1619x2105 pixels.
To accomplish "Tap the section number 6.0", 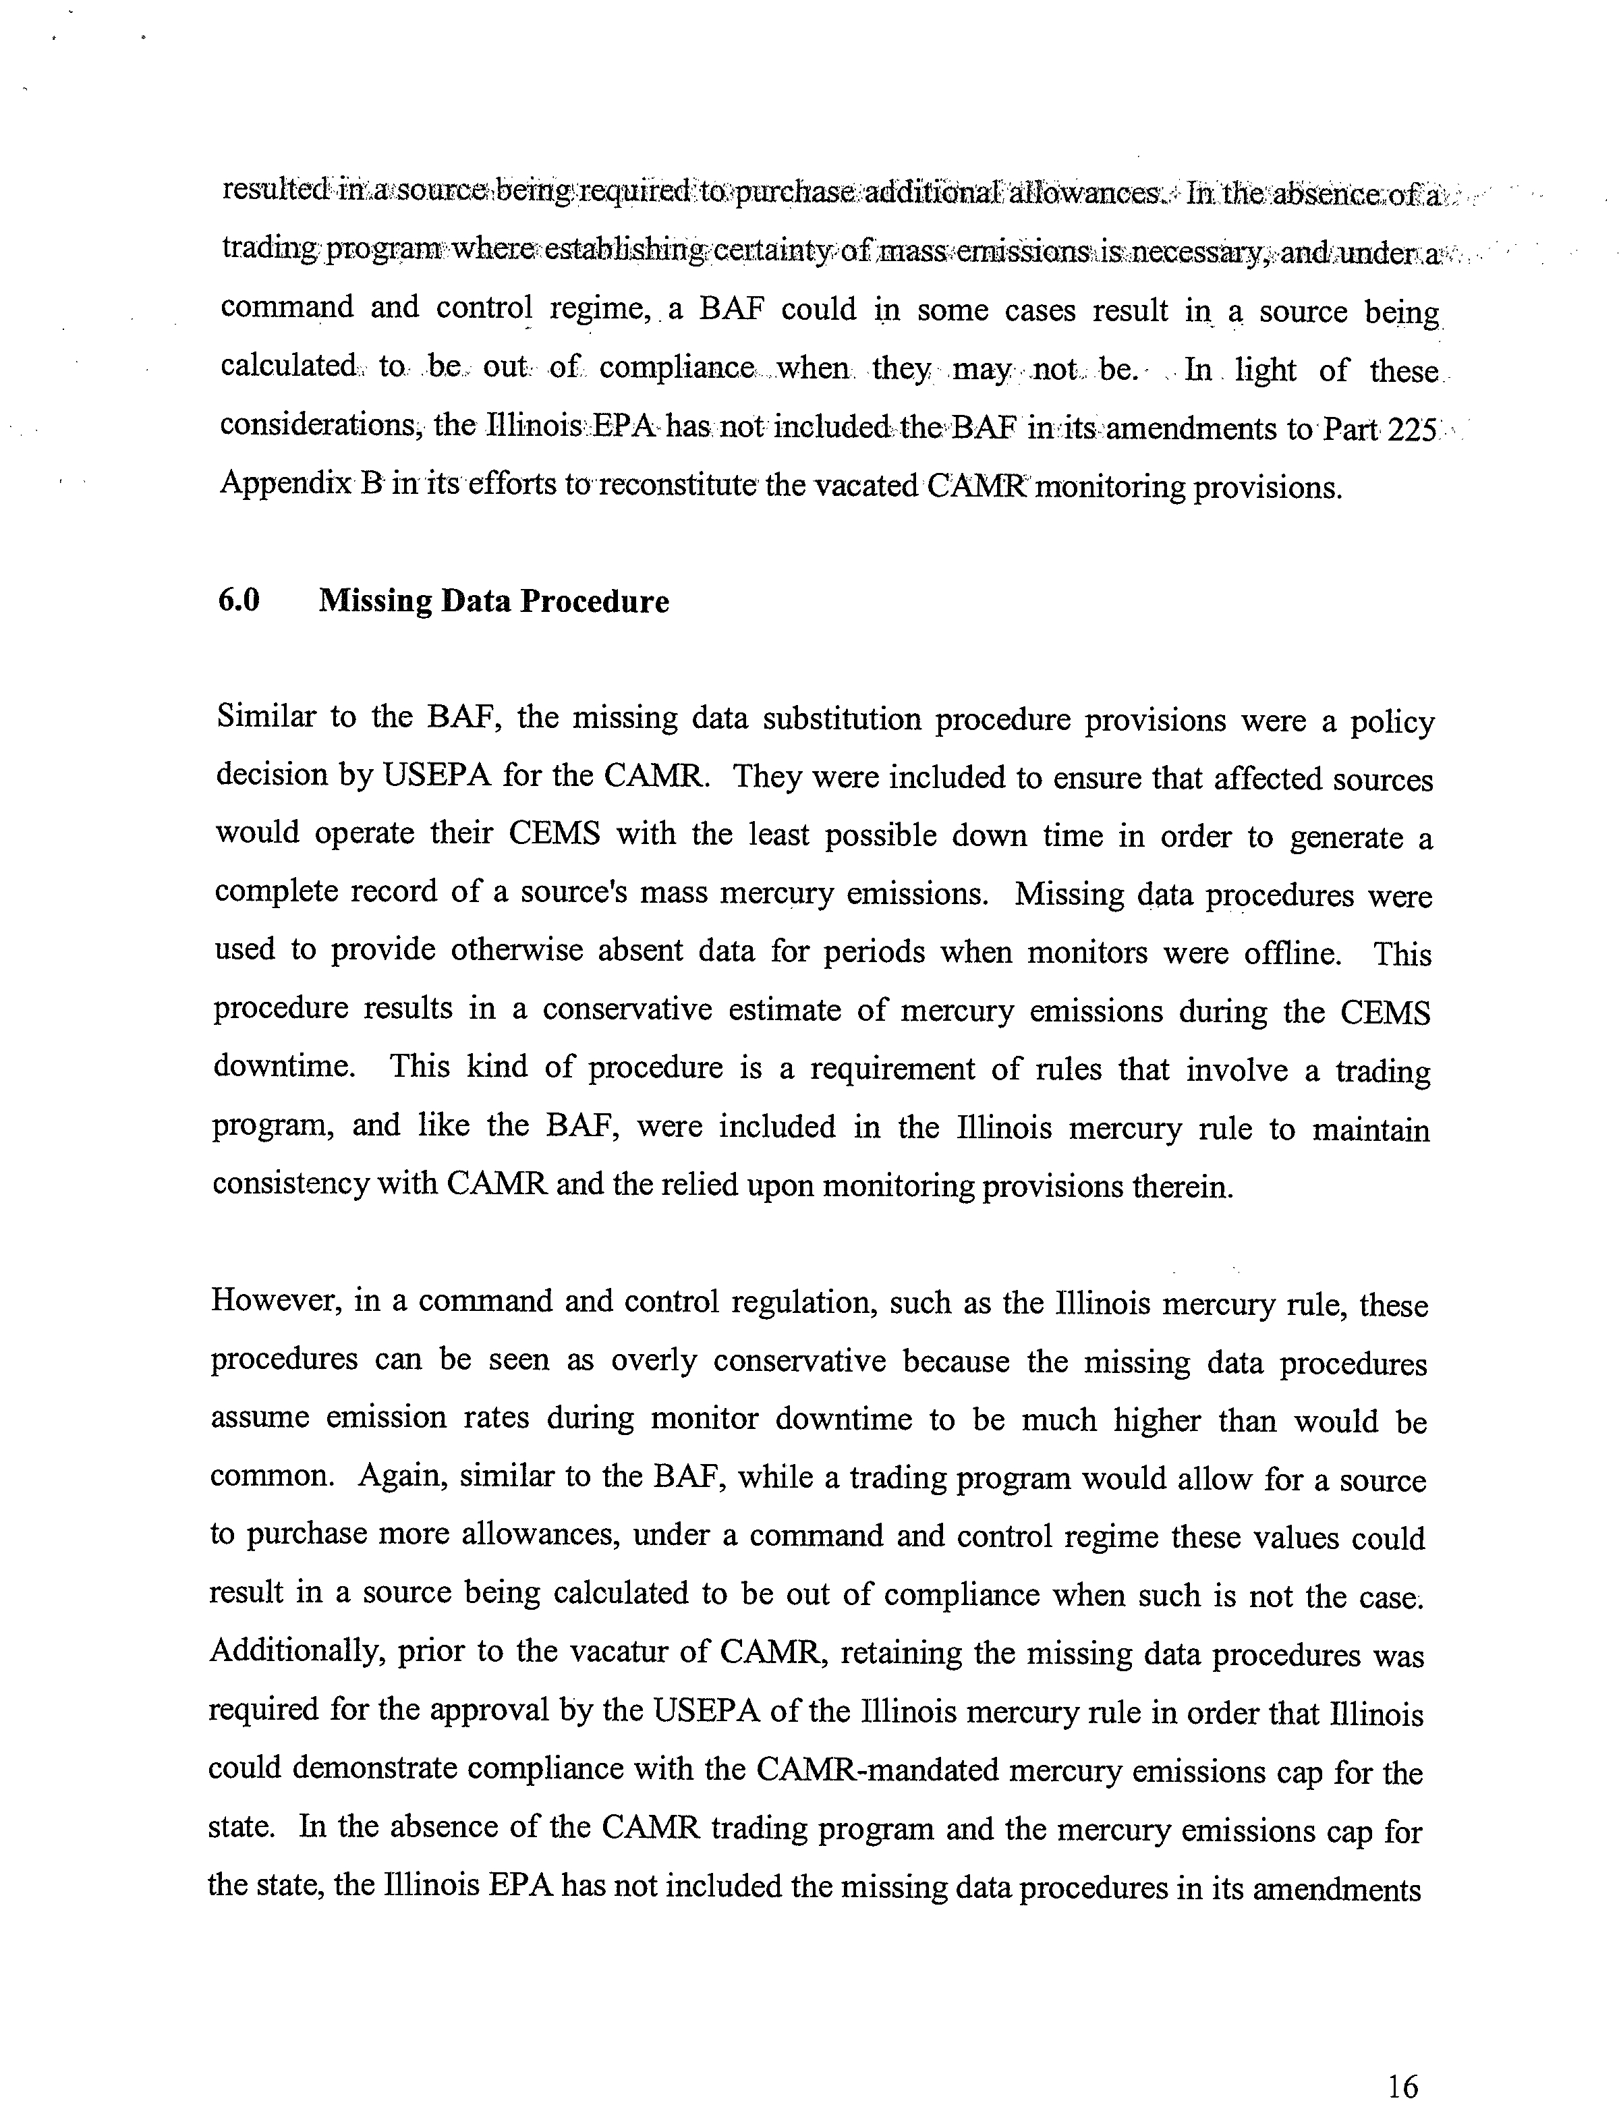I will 239,601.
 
